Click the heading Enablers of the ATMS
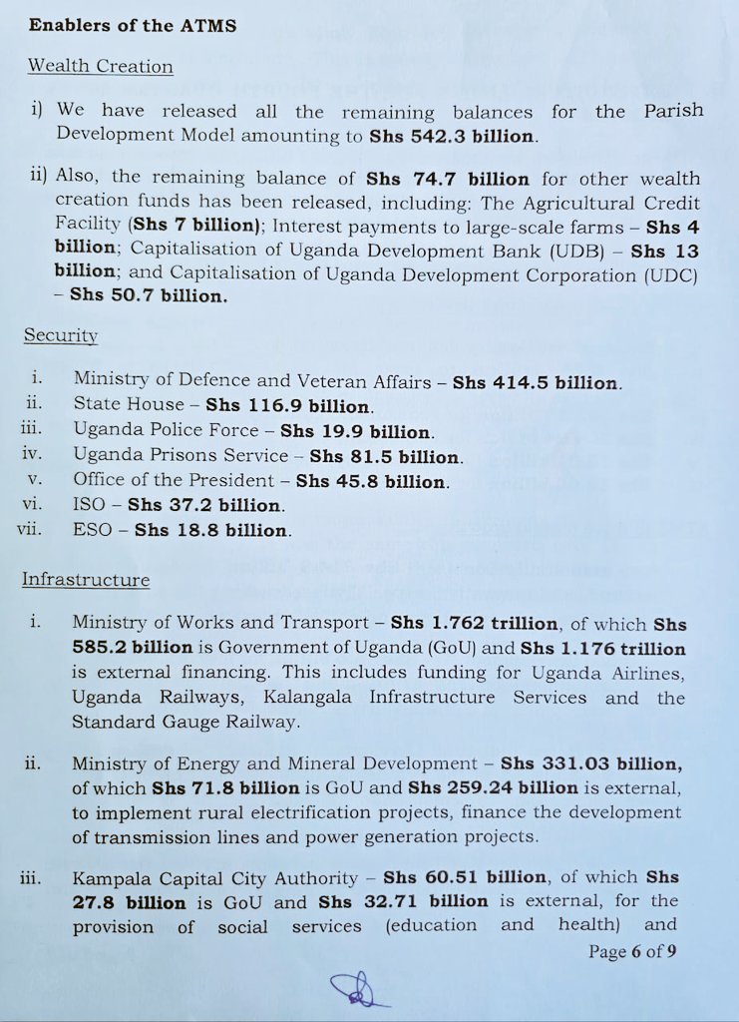[x=133, y=25]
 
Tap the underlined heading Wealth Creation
[x=100, y=67]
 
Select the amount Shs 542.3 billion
[x=453, y=136]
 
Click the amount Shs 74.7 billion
[x=448, y=179]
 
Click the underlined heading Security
[x=61, y=336]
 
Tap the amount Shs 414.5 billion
[x=536, y=382]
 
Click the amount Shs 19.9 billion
[x=356, y=432]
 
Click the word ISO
[x=90, y=506]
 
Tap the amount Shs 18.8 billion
[x=212, y=531]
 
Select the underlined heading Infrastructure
[x=86, y=580]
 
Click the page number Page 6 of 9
[x=632, y=951]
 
